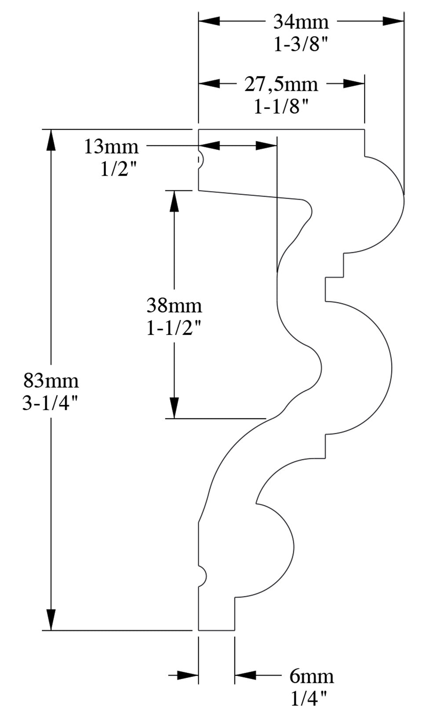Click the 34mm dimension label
301,22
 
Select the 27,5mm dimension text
281,84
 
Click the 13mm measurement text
111,147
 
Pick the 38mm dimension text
174,305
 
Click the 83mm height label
51,381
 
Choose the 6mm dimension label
311,677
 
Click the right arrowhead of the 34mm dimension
393,21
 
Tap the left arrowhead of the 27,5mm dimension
209,83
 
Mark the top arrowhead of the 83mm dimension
51,140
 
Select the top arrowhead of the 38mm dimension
174,201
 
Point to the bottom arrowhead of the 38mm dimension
174,407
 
